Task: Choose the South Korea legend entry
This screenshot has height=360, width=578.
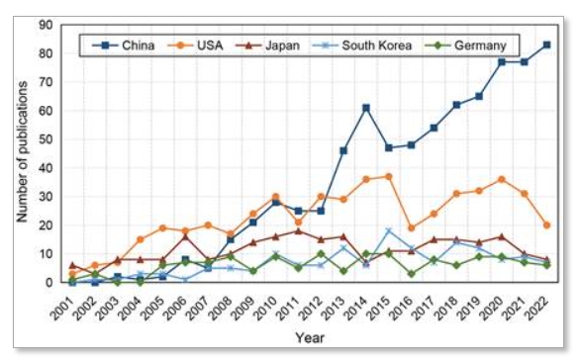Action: pyautogui.click(x=375, y=45)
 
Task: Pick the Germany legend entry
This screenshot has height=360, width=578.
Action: pyautogui.click(x=472, y=45)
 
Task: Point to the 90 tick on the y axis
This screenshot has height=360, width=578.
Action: pyautogui.click(x=48, y=25)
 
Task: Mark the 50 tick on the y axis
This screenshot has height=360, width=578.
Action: pyautogui.click(x=48, y=139)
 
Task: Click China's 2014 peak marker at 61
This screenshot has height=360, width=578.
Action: pyautogui.click(x=366, y=108)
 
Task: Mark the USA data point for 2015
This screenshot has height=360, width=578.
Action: pyautogui.click(x=389, y=177)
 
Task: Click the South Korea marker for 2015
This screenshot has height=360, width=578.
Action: pyautogui.click(x=389, y=231)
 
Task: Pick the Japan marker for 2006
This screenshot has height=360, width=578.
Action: pyautogui.click(x=185, y=236)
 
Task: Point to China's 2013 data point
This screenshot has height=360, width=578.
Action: pyautogui.click(x=343, y=150)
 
